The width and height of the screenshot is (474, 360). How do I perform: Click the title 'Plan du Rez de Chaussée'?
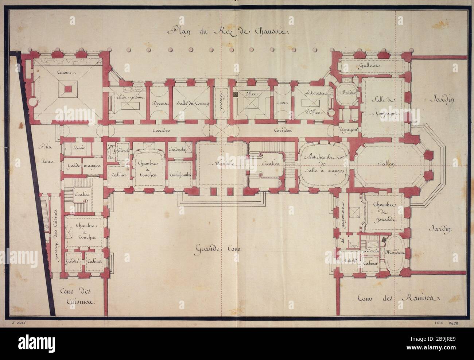[x=228, y=31]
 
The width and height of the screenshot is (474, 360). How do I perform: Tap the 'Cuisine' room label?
[x=66, y=73]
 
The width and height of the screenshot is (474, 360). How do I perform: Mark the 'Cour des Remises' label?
[x=398, y=298]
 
